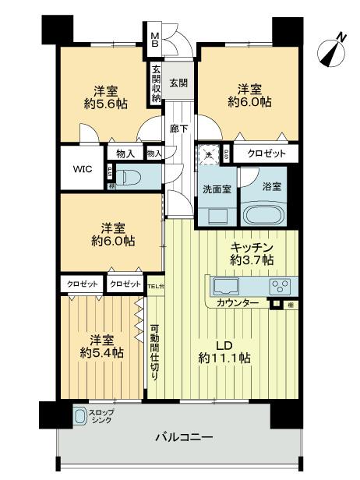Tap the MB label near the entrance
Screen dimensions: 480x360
[155, 38]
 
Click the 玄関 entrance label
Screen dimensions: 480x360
[178, 81]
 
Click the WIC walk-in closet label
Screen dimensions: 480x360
[83, 168]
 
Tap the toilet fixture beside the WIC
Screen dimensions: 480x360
[129, 176]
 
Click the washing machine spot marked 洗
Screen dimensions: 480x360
[208, 154]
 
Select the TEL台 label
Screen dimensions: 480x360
[156, 285]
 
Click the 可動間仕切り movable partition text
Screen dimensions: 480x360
[154, 351]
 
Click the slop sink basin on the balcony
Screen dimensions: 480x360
[80, 417]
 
